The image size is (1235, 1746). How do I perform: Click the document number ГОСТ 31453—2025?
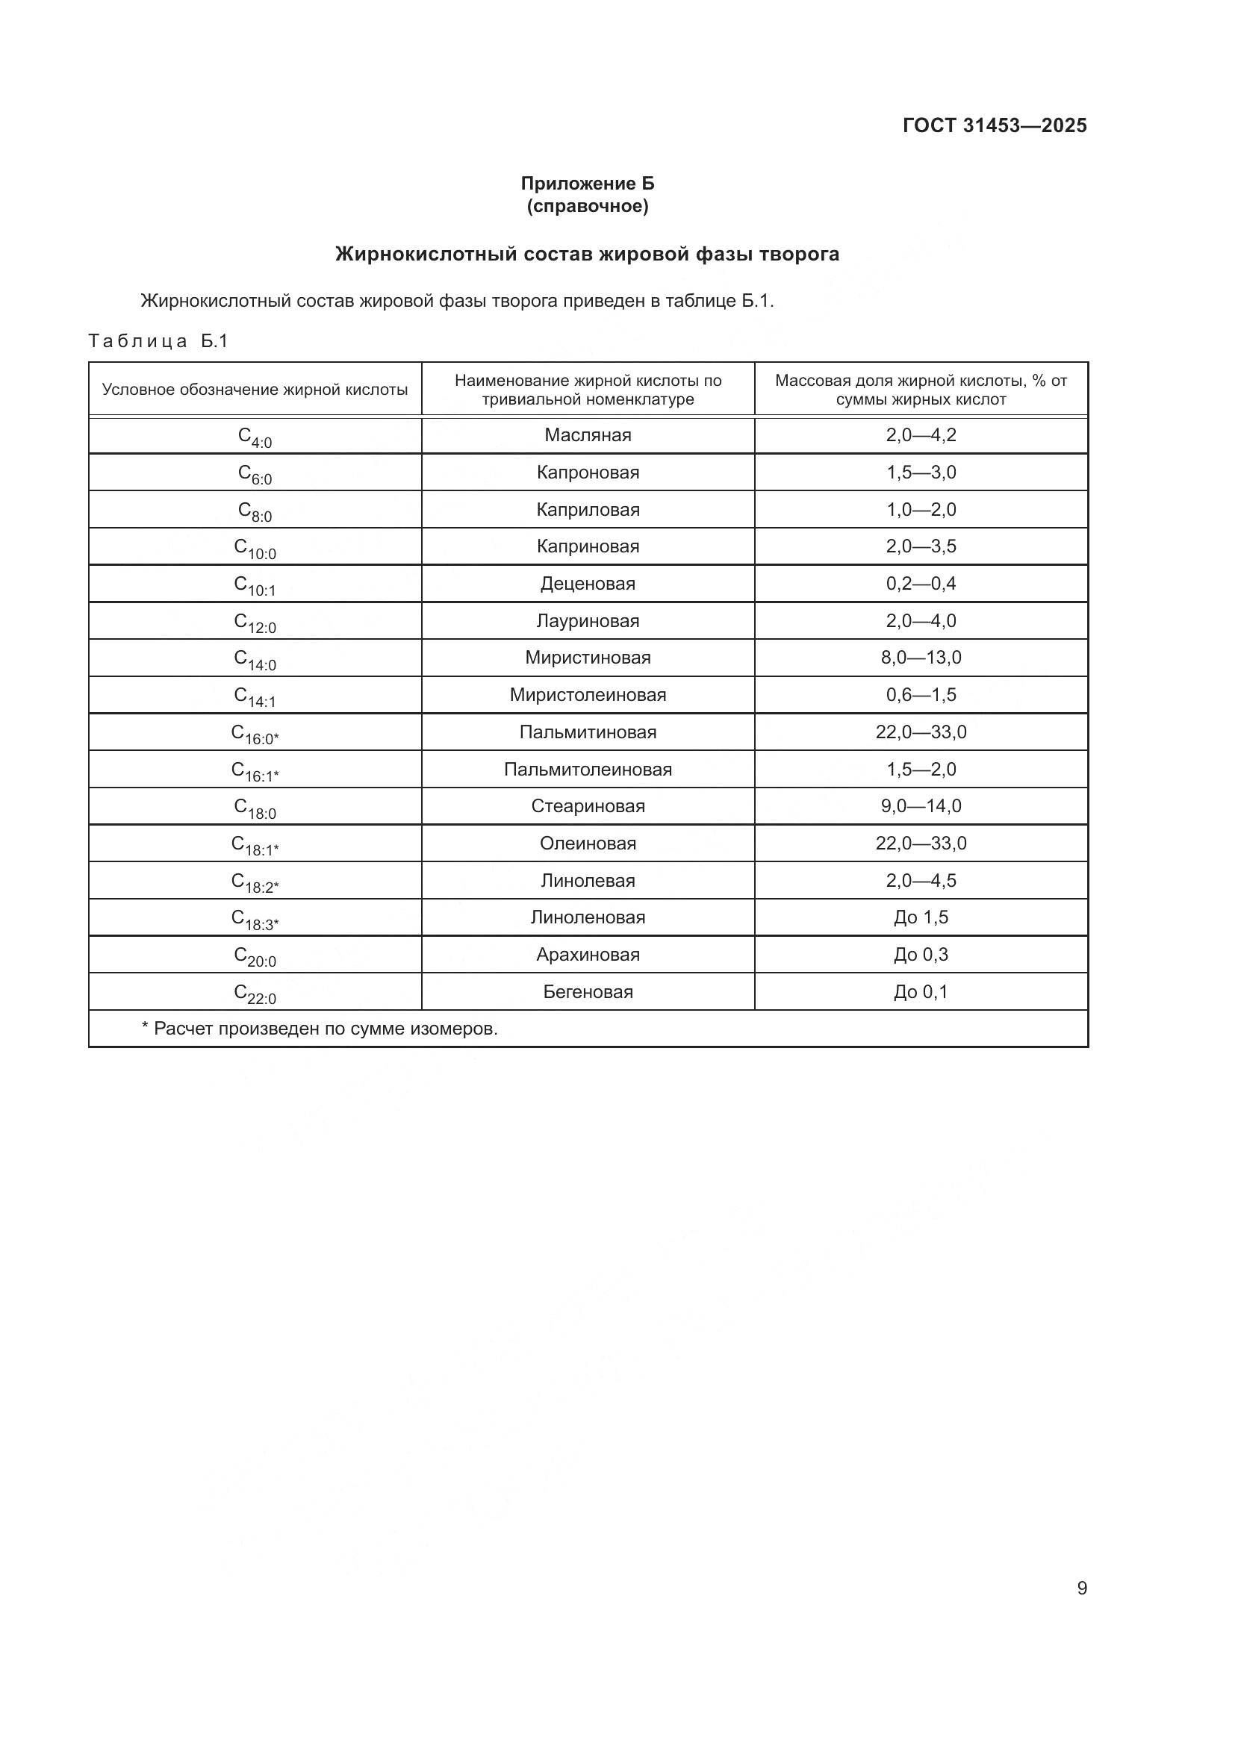pos(994,125)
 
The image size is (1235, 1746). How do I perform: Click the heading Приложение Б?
pos(587,184)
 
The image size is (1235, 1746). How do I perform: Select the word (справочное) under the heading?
pos(587,206)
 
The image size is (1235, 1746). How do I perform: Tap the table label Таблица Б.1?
pos(158,340)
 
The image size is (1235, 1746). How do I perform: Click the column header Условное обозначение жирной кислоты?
pos(255,390)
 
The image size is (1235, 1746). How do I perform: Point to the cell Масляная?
pos(588,435)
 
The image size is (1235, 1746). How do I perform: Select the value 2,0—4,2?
pos(920,435)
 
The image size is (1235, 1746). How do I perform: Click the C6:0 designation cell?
pos(255,474)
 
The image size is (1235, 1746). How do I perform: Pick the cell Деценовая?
pos(588,583)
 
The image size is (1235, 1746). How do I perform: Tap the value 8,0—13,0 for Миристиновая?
pos(920,657)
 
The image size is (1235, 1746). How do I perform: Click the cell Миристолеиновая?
pos(588,694)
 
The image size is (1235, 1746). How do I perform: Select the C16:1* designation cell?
pos(255,770)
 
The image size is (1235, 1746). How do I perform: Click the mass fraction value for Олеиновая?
pos(920,843)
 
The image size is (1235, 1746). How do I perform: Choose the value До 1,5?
pos(920,917)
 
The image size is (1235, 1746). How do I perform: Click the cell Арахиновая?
pos(588,955)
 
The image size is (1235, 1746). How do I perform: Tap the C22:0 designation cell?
pos(255,993)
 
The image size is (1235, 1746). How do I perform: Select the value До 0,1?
pos(920,991)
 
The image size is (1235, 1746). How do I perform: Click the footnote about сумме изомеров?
pos(320,1029)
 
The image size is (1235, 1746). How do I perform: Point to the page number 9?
pos(1081,1588)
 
